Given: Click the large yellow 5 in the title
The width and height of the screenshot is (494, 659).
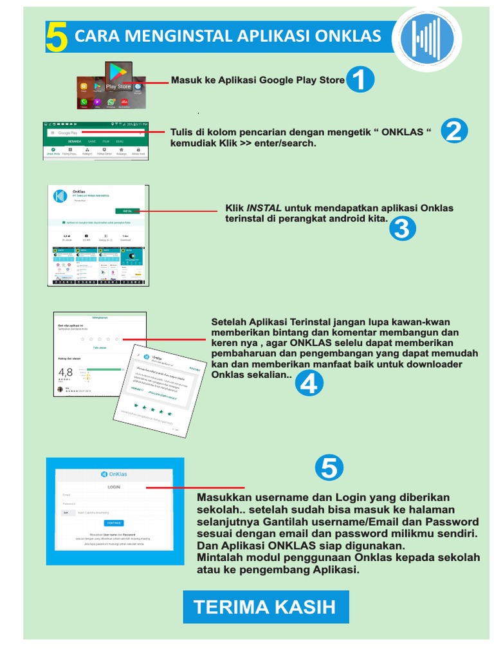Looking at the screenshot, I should point(57,38).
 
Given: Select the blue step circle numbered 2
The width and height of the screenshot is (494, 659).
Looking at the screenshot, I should point(454,133).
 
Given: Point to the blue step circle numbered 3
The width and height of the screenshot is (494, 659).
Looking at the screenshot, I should point(403,229).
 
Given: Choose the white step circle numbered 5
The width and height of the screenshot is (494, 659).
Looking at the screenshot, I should point(329,469).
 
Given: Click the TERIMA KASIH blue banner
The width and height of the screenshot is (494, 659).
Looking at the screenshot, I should point(266,607).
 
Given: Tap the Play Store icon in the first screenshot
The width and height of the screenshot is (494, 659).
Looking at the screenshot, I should point(118,76).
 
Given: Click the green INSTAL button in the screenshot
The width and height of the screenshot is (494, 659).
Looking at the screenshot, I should point(127,210).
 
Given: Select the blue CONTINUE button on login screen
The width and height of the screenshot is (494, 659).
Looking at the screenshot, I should point(114,523).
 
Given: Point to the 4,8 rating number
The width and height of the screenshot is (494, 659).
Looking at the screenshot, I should point(66,373).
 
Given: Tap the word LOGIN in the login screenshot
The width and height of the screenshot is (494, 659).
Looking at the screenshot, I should point(113,488).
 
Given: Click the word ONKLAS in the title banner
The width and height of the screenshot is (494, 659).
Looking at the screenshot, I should point(347,37).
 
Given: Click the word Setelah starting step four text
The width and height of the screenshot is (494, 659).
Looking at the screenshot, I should point(229,322).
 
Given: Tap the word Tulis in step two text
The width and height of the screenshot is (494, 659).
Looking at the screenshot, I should point(182,132).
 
